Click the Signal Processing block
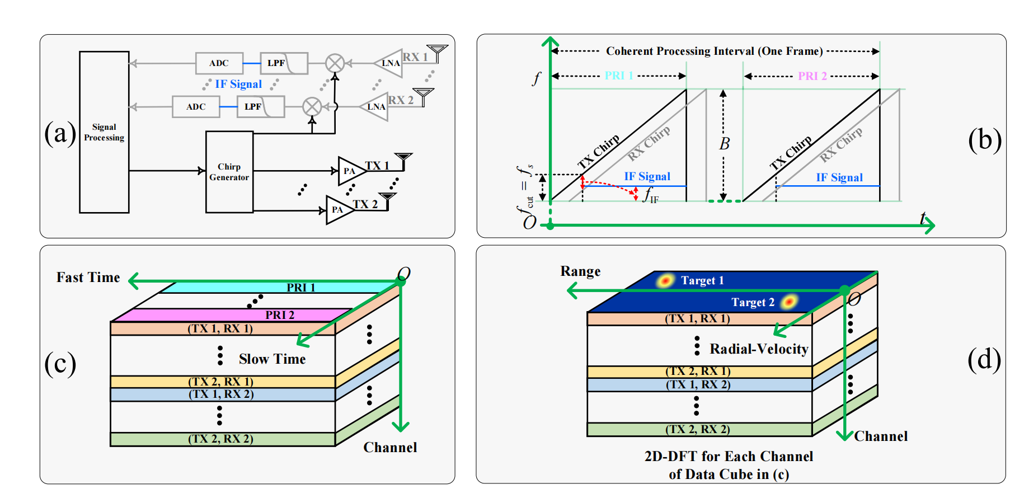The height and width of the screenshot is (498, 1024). point(104,132)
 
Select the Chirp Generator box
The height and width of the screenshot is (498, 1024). point(229,172)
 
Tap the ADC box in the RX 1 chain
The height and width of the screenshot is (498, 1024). point(219,63)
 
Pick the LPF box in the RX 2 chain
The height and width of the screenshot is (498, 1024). point(261,106)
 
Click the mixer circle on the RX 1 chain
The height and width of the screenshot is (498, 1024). point(335,63)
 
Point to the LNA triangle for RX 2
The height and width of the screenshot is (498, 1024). point(374,106)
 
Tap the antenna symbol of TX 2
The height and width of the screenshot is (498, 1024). point(387,200)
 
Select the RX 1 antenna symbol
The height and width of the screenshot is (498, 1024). point(437,53)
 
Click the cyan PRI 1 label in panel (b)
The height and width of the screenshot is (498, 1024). point(619,76)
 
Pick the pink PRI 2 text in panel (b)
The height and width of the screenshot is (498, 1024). point(812,76)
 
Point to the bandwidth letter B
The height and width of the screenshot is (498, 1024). point(724,144)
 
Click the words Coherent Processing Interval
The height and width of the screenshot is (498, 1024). point(680,51)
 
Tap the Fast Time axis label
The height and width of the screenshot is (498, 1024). point(88,278)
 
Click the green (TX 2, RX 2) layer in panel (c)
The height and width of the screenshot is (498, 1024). point(223,439)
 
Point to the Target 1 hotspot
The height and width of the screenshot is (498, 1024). point(665,280)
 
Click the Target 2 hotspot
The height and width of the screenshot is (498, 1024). point(789,302)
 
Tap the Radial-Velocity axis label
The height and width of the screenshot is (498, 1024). point(759,349)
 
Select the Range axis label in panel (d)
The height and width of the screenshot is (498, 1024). point(581,271)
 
